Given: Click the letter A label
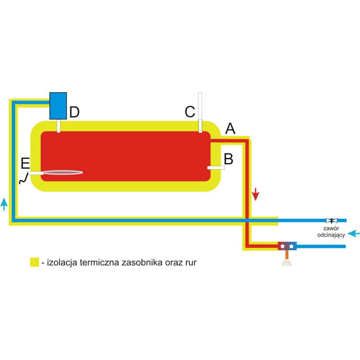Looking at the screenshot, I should pos(230,129).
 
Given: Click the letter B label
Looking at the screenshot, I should pos(229,158).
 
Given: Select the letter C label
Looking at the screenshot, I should pos(190,112).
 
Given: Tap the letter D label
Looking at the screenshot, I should pos(74,112).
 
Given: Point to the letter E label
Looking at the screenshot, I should pos(25,163).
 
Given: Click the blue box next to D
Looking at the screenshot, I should pos(58,106).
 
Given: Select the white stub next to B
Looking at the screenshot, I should pos(216,168).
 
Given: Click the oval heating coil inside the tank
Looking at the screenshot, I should pos(63,173).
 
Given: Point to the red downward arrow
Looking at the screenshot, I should pos(256,194).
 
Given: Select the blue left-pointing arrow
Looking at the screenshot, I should pos(355,233).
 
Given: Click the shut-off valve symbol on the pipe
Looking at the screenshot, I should pos(332,220).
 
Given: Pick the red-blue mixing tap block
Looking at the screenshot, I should pos(287,246).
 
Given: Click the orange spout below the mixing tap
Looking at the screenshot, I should pos(287,255).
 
